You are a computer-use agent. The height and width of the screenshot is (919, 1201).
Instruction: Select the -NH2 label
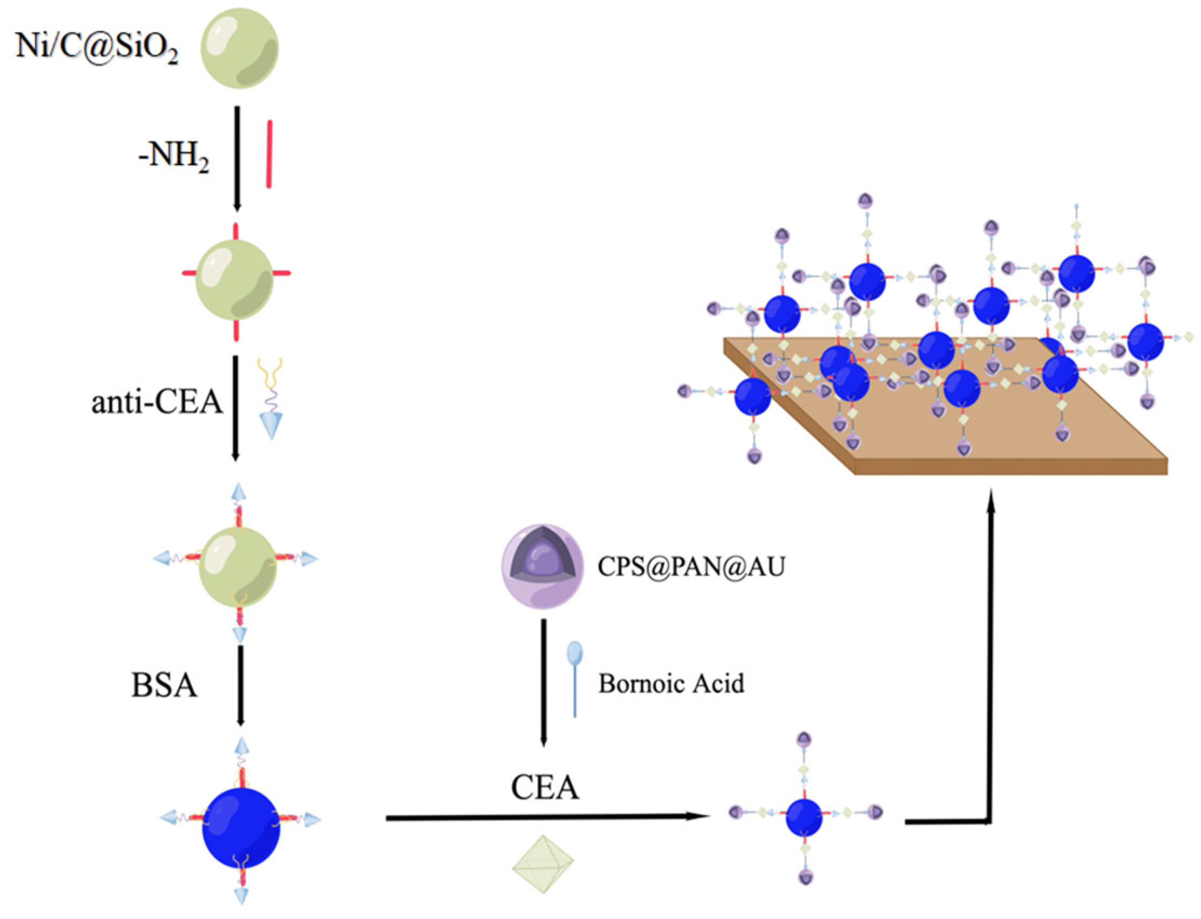coord(174,158)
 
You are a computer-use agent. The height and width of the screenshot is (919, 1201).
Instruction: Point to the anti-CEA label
coord(157,403)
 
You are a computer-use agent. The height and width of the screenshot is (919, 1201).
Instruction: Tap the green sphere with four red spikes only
coord(235,281)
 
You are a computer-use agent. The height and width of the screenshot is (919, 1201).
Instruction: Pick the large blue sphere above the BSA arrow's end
coord(241,828)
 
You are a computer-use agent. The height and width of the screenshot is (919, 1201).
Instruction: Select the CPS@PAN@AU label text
coord(691,567)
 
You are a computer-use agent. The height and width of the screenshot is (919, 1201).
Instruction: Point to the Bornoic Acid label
coord(671,684)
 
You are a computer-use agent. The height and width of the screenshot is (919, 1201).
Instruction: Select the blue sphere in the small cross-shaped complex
coord(803,817)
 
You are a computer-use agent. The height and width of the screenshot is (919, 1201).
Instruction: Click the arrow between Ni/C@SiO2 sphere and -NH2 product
coord(237,159)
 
